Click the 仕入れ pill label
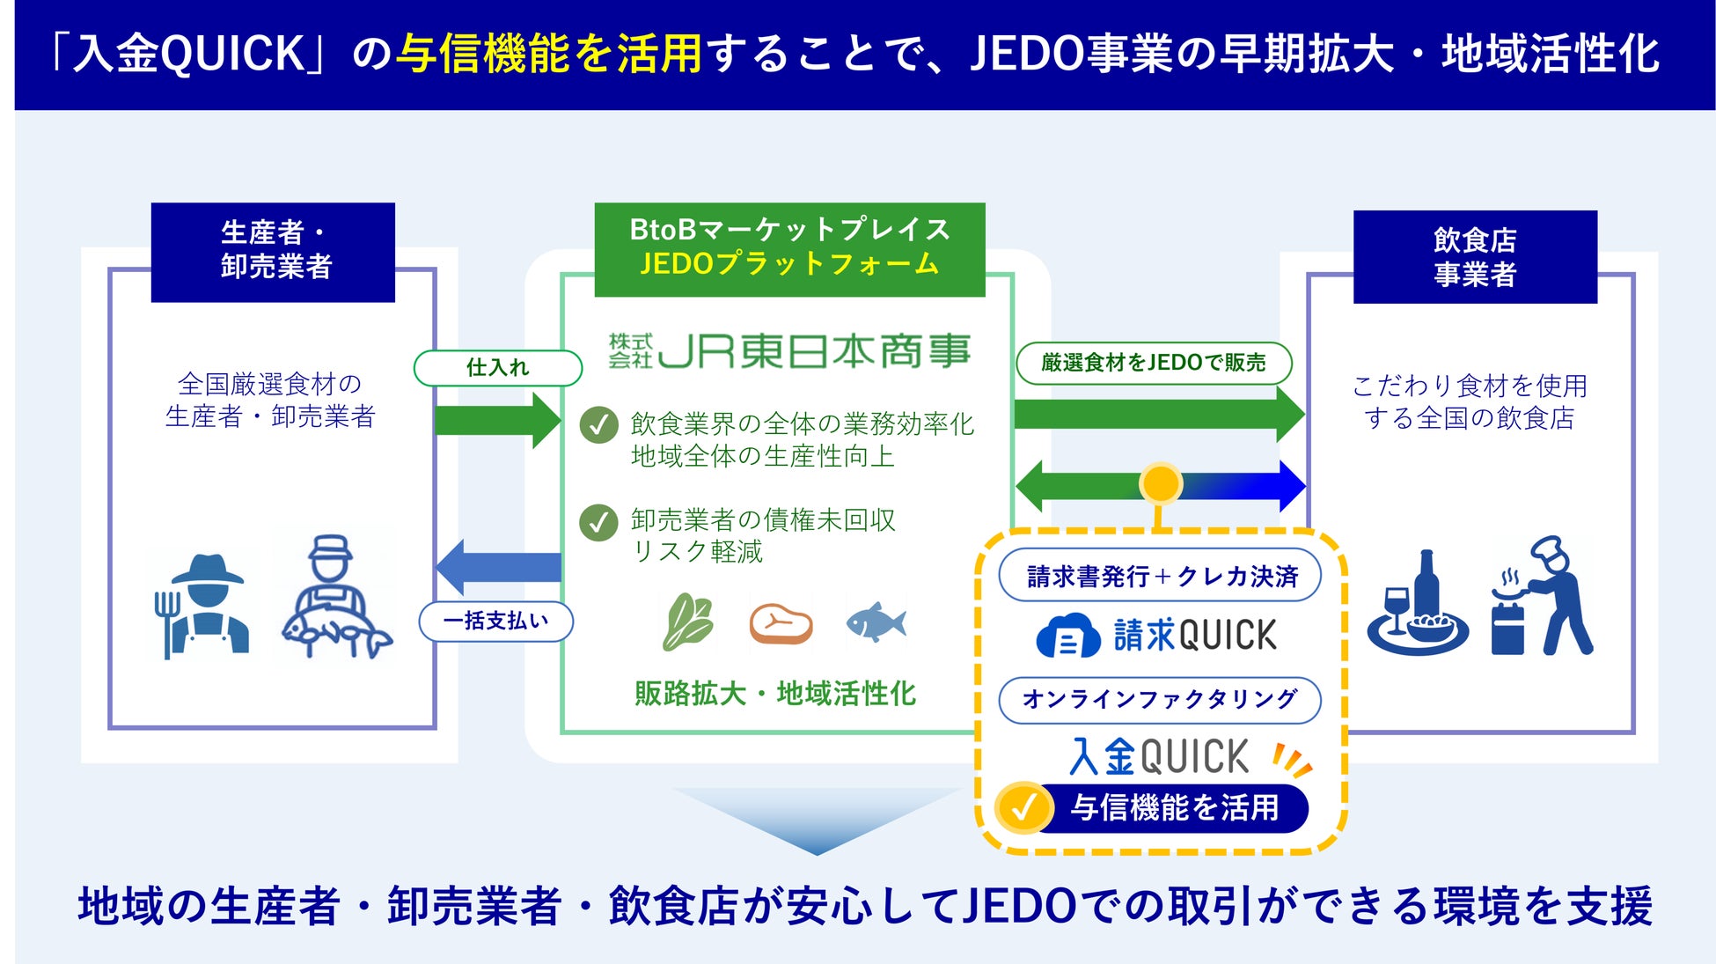click(x=498, y=367)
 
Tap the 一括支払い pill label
click(x=495, y=622)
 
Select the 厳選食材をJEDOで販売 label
click(x=1154, y=363)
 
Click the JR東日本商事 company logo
click(x=789, y=350)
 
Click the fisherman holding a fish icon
click(x=334, y=598)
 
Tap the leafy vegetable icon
click(x=687, y=622)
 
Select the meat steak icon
click(x=781, y=623)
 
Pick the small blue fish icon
click(x=876, y=622)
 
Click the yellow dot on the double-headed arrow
click(x=1160, y=483)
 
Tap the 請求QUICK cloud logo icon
click(x=1067, y=636)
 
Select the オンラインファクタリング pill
click(x=1159, y=700)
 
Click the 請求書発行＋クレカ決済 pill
click(x=1160, y=576)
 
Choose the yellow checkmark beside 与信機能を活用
click(x=1023, y=806)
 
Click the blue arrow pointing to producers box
click(x=498, y=567)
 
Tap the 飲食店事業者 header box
click(x=1475, y=257)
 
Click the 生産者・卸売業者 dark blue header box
click(x=273, y=252)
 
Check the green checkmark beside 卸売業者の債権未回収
click(x=598, y=521)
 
